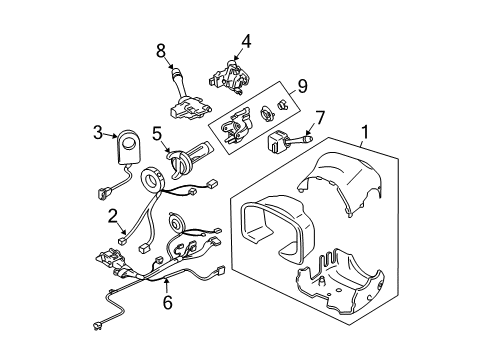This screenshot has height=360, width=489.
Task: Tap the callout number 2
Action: [x=113, y=213]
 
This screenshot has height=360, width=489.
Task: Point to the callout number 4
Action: [x=244, y=40]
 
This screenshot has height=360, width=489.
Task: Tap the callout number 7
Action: [x=319, y=117]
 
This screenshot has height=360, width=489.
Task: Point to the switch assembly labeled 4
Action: [x=232, y=73]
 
